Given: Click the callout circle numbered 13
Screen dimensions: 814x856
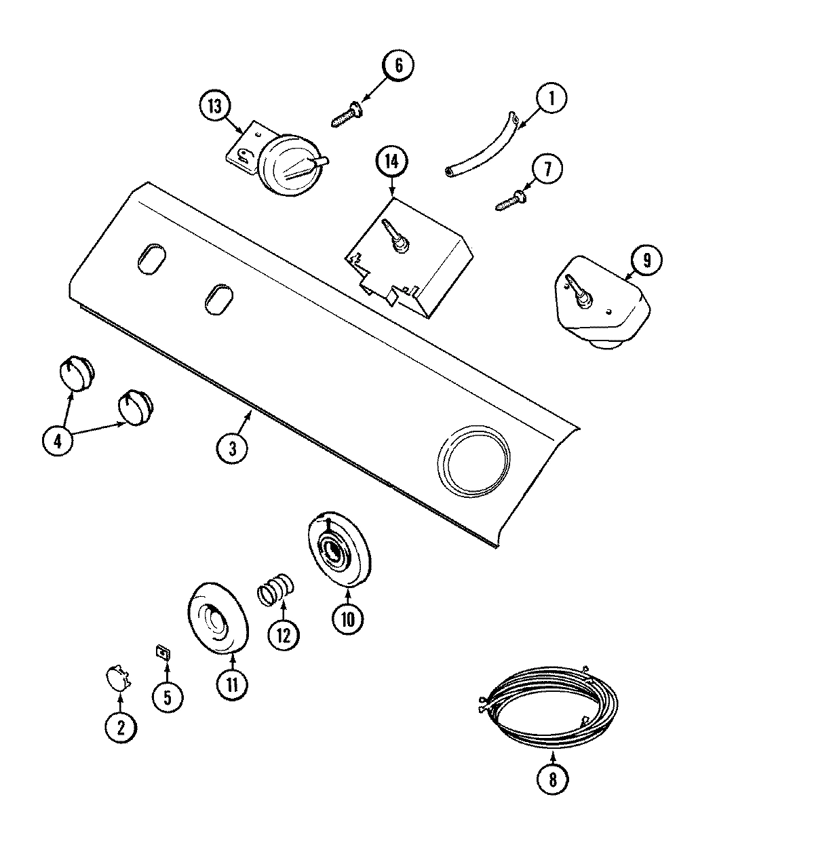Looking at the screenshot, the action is [x=215, y=106].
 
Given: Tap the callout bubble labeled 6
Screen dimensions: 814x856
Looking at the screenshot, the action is [x=398, y=65].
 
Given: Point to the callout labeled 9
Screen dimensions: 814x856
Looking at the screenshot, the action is [x=646, y=260].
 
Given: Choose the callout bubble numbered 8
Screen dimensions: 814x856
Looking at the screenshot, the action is [x=552, y=779].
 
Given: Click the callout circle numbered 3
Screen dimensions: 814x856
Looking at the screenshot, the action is [x=232, y=448].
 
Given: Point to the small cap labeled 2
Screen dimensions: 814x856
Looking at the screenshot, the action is [x=117, y=678].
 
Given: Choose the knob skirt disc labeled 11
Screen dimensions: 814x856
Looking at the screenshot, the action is [x=216, y=618].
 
